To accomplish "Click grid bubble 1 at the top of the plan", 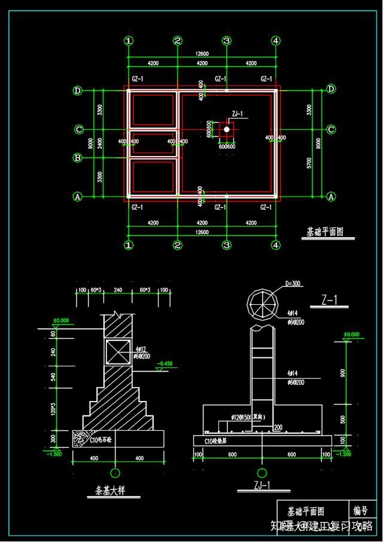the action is point(129,41).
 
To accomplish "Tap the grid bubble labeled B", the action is point(78,158).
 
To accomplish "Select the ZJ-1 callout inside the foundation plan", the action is point(237,114).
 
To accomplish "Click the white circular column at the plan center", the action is point(227,128).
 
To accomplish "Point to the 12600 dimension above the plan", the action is point(202,53).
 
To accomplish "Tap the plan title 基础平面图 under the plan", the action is point(325,232).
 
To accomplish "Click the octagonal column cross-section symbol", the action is point(263,304).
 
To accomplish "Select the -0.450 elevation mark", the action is point(165,363).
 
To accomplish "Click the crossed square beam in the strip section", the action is point(118,351).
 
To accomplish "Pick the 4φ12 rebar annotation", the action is point(141,348).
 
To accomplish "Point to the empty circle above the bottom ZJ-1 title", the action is point(262,472).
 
